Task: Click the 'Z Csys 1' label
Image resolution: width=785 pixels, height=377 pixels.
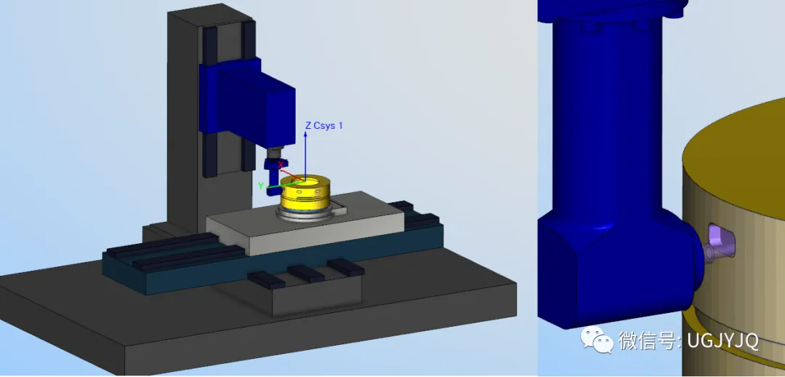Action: [324, 125]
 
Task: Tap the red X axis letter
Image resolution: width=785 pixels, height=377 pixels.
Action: [281, 164]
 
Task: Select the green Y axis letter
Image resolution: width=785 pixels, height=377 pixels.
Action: [261, 186]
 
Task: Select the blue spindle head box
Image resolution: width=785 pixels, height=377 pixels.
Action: [248, 103]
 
